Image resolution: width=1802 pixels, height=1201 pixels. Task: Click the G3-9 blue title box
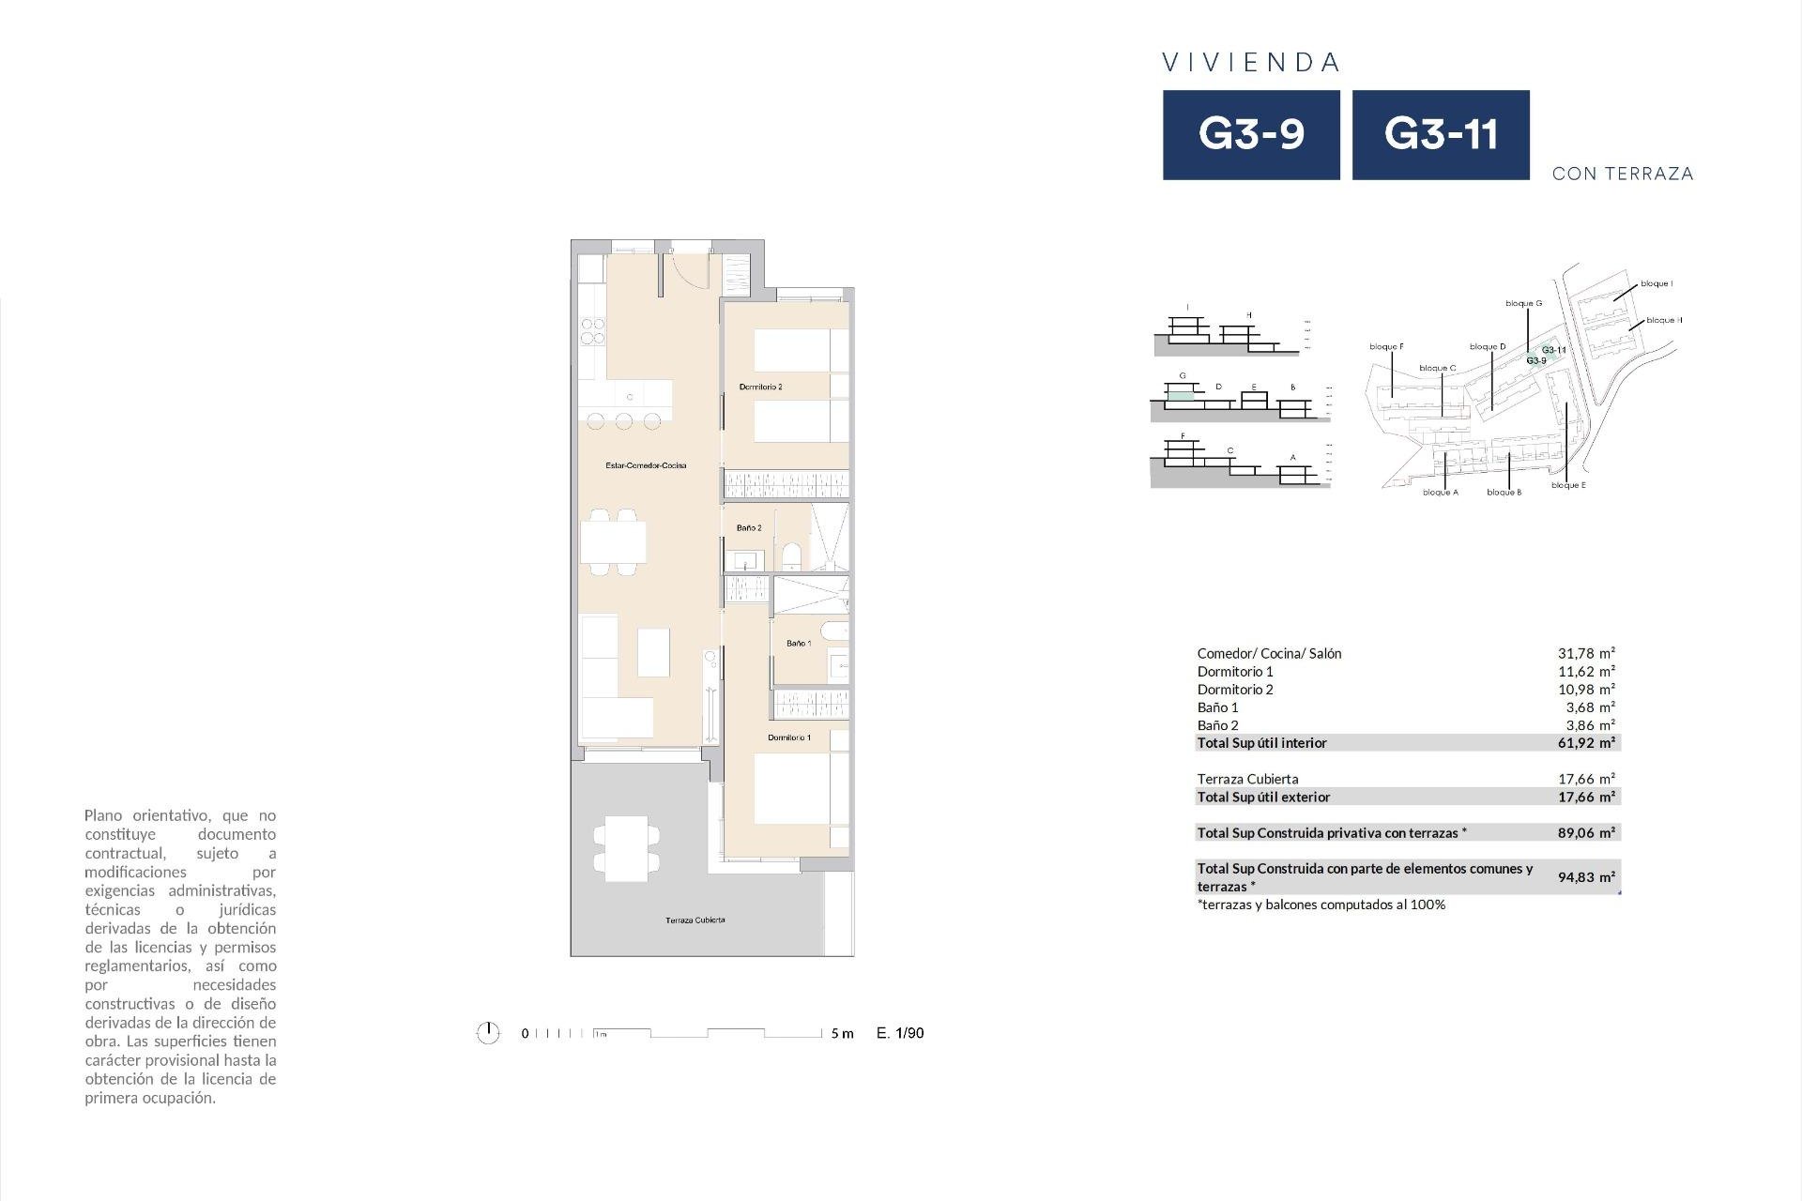click(x=1251, y=134)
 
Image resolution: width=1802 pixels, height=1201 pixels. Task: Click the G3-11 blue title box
click(x=1441, y=134)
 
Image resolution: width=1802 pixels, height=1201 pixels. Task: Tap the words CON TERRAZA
click(x=1623, y=174)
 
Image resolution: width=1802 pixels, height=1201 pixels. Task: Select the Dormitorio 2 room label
click(x=760, y=387)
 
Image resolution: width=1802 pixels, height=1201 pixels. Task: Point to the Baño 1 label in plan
click(x=799, y=644)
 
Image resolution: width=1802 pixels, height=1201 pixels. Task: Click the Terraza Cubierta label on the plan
click(x=695, y=920)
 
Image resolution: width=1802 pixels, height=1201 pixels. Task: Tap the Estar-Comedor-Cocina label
click(x=646, y=465)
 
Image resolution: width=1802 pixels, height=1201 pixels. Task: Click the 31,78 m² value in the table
click(x=1586, y=653)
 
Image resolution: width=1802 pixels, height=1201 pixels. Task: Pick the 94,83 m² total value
click(x=1586, y=877)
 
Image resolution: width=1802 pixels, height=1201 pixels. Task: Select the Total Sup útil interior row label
click(x=1261, y=743)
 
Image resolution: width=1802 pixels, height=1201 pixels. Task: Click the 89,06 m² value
click(x=1586, y=832)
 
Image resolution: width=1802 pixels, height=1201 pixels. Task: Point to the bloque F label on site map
click(x=1386, y=347)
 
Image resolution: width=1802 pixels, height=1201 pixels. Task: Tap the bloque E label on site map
click(x=1568, y=485)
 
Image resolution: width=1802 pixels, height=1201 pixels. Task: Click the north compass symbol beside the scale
click(x=488, y=1033)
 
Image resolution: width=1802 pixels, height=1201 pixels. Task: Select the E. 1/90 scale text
click(x=900, y=1033)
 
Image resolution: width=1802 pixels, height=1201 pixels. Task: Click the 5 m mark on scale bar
click(x=842, y=1034)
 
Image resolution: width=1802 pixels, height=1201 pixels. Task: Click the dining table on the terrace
click(x=626, y=848)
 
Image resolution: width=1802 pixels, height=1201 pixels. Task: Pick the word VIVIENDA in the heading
click(x=1251, y=63)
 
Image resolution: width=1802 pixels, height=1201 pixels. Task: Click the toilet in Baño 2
click(x=791, y=556)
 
